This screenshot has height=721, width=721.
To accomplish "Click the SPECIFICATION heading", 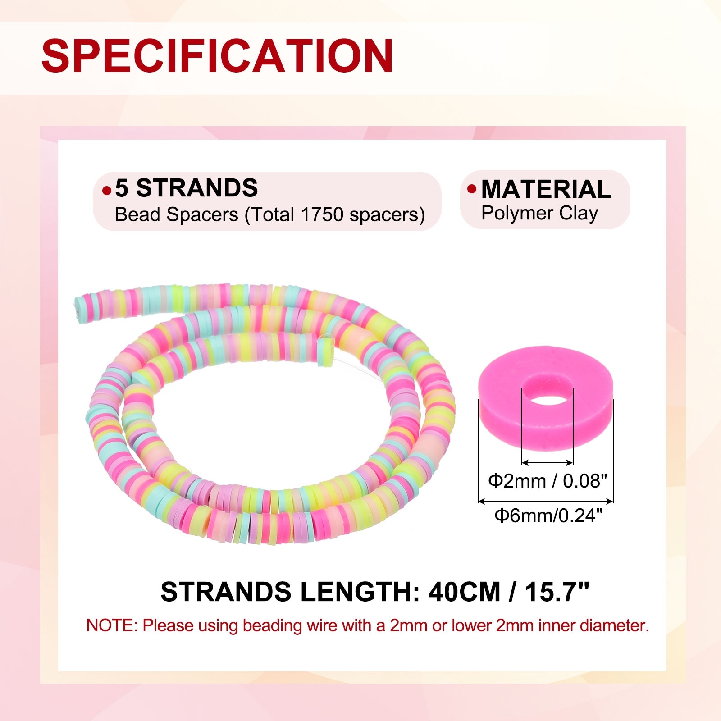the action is click(x=217, y=55).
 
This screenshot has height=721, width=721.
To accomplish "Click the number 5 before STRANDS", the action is click(x=121, y=188).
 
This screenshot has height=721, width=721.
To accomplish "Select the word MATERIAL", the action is click(x=546, y=189).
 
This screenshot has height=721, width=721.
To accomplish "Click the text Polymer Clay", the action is click(x=539, y=213).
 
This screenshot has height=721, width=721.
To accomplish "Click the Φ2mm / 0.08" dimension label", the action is click(x=548, y=481).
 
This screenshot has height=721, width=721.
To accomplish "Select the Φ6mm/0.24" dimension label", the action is click(x=548, y=515).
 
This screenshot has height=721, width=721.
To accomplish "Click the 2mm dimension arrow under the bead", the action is click(x=547, y=462).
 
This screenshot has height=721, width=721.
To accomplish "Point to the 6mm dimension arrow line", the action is click(x=545, y=501).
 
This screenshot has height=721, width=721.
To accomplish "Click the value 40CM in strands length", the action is click(x=464, y=592).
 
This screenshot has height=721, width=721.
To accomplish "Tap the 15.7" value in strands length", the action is click(x=557, y=592).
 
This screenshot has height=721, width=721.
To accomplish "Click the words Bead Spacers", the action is click(x=176, y=214).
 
